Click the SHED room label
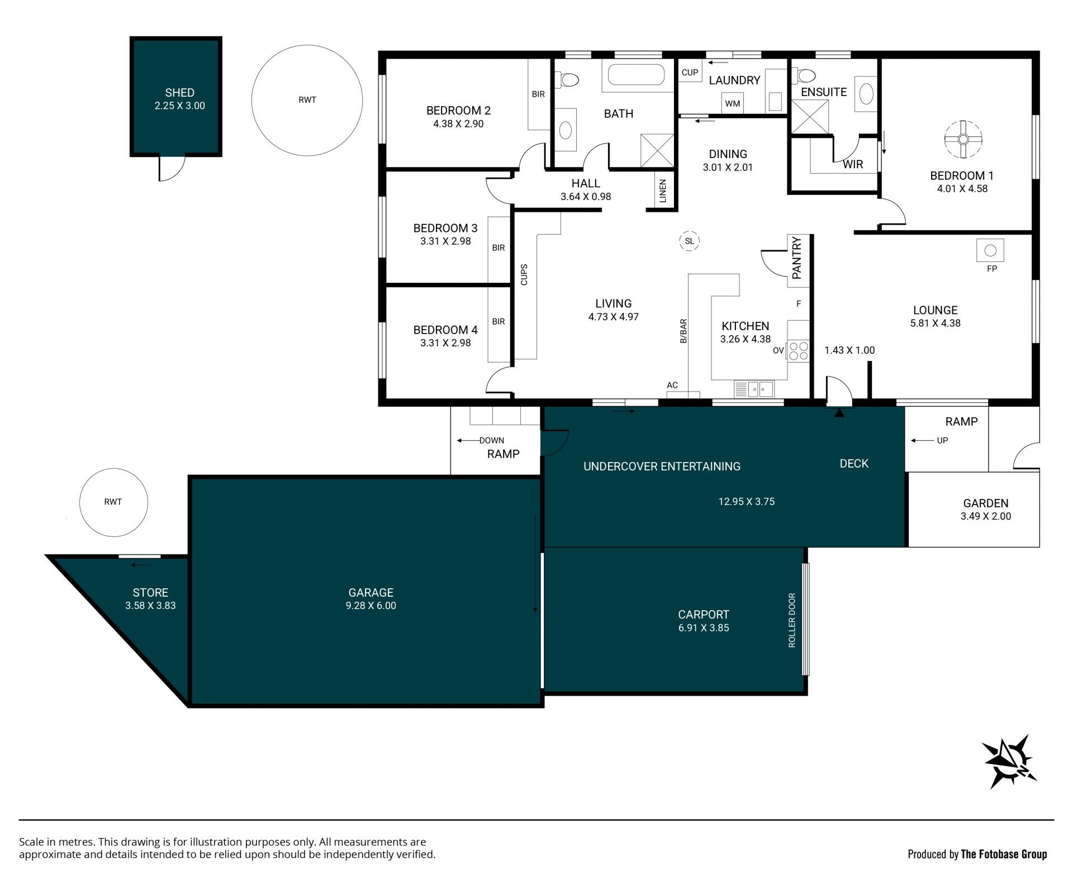click(179, 93)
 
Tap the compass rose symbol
click(1009, 762)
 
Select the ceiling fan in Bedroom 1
click(963, 139)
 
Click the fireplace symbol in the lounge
click(990, 250)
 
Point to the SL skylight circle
click(690, 241)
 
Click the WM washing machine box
click(732, 103)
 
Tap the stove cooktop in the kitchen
click(799, 351)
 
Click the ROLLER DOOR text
click(792, 620)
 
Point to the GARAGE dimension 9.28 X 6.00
click(371, 606)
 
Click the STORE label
click(150, 592)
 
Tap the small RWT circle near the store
click(113, 502)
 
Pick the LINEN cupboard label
click(663, 191)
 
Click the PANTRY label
click(797, 258)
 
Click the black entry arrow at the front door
click(839, 413)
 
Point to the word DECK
click(854, 463)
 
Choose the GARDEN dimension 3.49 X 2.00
click(986, 516)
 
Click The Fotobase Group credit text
click(1004, 854)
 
